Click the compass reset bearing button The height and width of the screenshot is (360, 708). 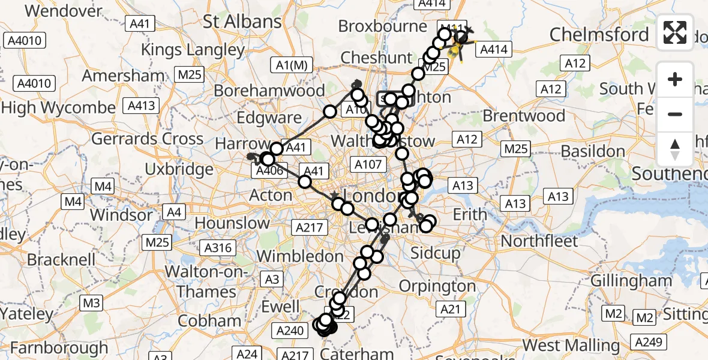coord(675,149)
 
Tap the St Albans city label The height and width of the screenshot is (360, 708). coord(242,22)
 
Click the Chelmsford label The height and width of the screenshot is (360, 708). coord(599,34)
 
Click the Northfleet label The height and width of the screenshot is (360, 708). coord(539,241)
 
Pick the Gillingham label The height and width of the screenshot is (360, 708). coord(631,280)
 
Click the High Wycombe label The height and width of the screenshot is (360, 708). coord(58,108)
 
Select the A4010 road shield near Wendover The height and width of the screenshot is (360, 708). coord(24,41)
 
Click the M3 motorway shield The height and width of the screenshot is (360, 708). coord(91,303)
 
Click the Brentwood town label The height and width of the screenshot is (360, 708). coord(523,115)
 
